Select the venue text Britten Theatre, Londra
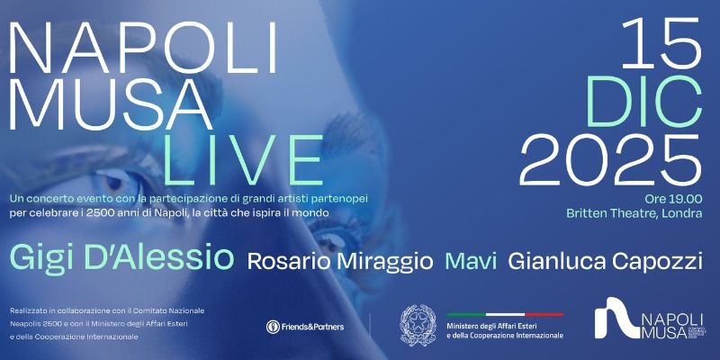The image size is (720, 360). click(x=634, y=213)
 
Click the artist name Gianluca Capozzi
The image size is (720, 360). click(x=605, y=261)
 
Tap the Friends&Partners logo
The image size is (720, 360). click(x=306, y=327)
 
